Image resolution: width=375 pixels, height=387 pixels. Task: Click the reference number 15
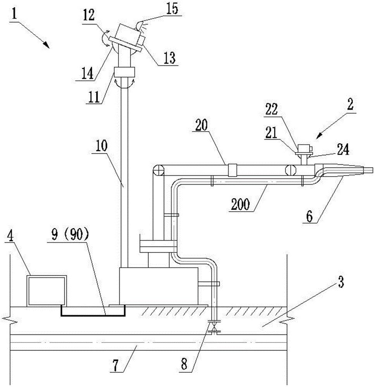172,9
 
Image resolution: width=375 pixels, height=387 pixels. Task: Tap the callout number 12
89,15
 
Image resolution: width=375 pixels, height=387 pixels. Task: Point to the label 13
170,58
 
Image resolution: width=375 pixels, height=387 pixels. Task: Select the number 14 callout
88,73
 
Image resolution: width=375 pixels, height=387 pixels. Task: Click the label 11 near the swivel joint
94,97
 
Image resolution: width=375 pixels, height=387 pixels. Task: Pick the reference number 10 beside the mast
101,146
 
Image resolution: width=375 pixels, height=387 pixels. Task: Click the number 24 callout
343,150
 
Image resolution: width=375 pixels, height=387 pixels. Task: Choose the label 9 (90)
70,235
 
